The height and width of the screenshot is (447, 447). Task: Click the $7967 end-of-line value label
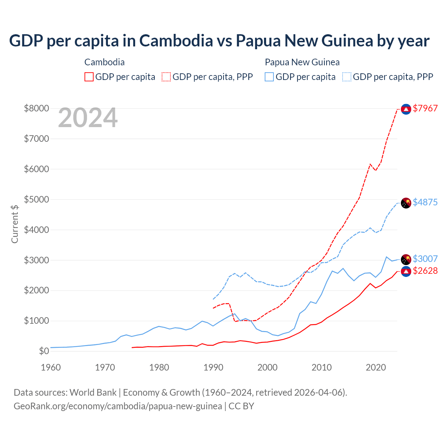[425, 108]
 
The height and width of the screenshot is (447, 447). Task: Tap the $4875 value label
[425, 202]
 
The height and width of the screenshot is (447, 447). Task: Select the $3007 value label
[425, 259]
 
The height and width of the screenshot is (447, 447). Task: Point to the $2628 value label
[425, 271]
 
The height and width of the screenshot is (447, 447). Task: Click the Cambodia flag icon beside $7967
[406, 109]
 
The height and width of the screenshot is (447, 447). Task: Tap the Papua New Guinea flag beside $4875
[406, 203]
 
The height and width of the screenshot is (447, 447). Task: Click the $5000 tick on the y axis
[36, 199]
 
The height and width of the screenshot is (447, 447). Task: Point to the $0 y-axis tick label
[44, 351]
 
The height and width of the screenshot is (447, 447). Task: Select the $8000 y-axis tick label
[36, 108]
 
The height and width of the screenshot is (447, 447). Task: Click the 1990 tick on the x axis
[213, 367]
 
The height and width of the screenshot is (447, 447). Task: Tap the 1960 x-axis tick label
[51, 367]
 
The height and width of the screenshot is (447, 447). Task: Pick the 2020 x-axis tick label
[376, 367]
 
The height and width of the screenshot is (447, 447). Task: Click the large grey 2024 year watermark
[88, 118]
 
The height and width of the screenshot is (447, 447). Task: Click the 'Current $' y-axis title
[15, 224]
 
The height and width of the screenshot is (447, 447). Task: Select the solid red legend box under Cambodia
[89, 77]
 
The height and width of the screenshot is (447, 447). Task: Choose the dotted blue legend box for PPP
[347, 77]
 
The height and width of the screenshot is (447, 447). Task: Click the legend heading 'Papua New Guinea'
[302, 62]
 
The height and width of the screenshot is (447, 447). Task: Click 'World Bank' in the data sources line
[93, 393]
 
